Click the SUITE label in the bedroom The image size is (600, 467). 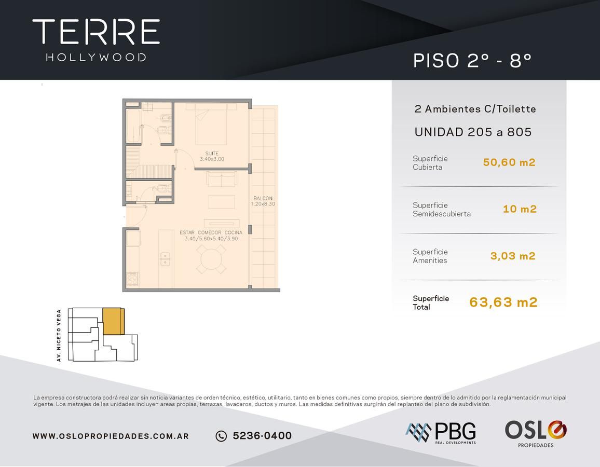tap(212, 154)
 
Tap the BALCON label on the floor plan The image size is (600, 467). tap(263, 198)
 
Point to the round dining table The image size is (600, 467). tap(211, 259)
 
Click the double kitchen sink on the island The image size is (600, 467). tap(165, 259)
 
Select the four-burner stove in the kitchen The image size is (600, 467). tap(132, 279)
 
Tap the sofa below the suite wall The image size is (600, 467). tap(222, 178)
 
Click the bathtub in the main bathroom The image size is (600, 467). tap(133, 126)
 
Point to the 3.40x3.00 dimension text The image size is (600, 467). tap(212, 159)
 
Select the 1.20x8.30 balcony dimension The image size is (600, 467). tap(263, 204)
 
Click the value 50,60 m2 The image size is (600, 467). tap(509, 162)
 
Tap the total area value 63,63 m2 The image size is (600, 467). tap(503, 302)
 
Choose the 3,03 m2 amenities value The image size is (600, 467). tap(513, 256)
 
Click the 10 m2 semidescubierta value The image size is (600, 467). tap(520, 209)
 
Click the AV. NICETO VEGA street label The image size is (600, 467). tap(59, 335)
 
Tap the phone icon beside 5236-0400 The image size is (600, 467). tap(221, 436)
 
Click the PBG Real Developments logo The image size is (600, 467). tap(441, 433)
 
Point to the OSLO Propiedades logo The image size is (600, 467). tap(536, 434)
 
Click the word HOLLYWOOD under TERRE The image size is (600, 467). tap(96, 58)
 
